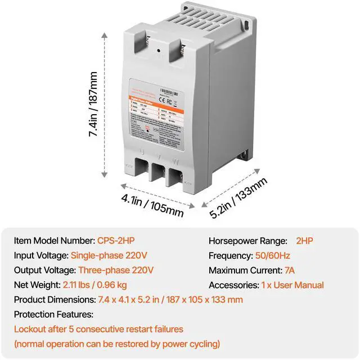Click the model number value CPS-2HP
[118, 241]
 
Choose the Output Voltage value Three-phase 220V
[115, 270]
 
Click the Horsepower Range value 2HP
[304, 241]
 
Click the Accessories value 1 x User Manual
[292, 285]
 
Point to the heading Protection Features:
[54, 314]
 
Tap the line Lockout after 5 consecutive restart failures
[99, 328]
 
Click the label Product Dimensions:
[54, 299]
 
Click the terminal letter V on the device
[160, 153]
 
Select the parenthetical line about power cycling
[117, 343]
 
